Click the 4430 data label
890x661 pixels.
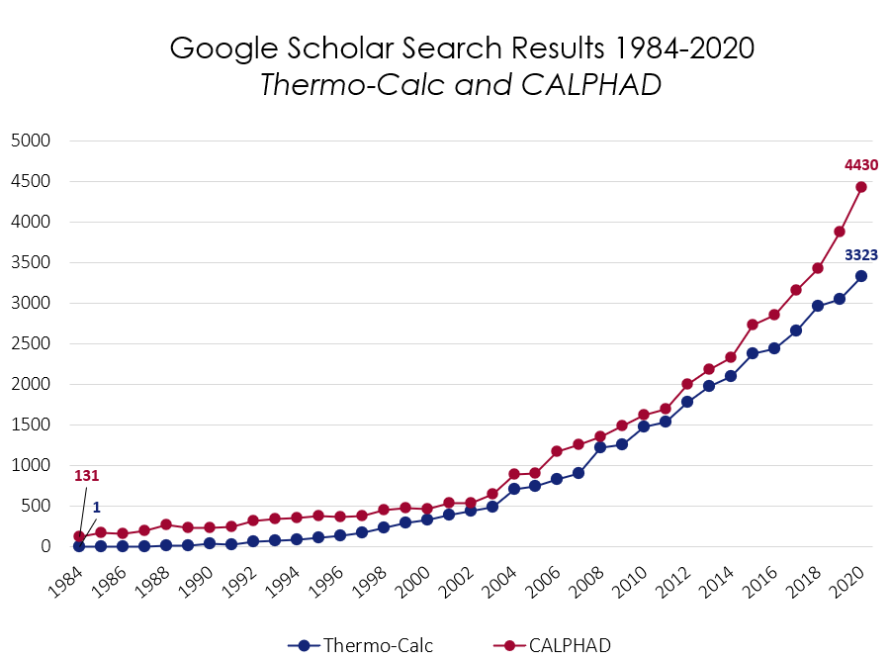860,165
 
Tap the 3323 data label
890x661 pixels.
860,254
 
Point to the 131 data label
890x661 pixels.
86,476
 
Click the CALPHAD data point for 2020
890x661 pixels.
861,187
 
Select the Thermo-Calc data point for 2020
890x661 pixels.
861,276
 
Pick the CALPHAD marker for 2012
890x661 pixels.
687,384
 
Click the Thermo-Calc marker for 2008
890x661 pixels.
600,447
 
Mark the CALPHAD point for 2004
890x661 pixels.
513,474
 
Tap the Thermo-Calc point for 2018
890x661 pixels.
818,306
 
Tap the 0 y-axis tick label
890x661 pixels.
44,546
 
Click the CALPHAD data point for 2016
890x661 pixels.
774,315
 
